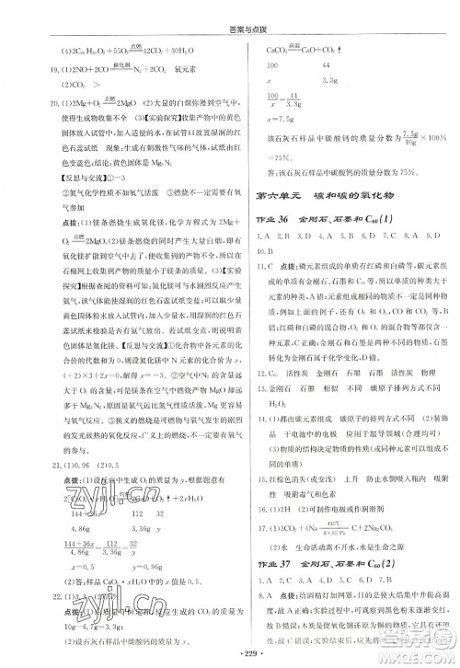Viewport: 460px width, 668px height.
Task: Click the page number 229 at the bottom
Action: coord(231,657)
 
